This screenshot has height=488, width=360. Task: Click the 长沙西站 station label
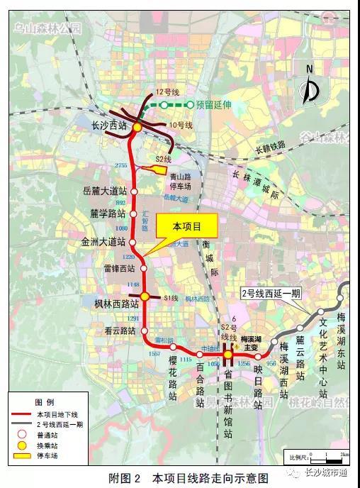click(x=109, y=124)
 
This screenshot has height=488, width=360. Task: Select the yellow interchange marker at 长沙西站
click(x=137, y=127)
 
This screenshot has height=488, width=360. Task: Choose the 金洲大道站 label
click(x=103, y=241)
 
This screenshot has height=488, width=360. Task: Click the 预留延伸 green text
click(x=214, y=104)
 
